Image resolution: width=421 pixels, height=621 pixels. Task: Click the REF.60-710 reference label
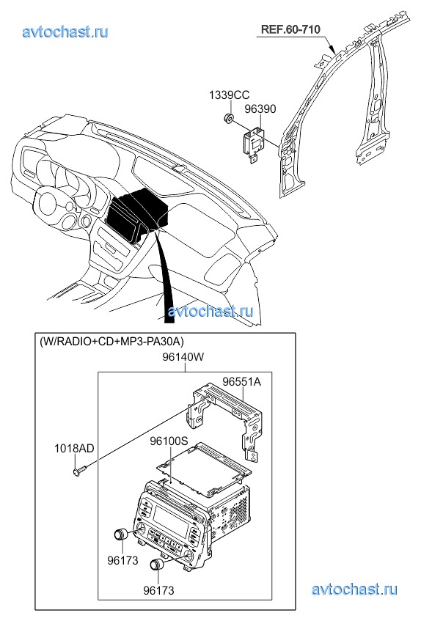[x=290, y=29]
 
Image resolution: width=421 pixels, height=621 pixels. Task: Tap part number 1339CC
[x=230, y=95]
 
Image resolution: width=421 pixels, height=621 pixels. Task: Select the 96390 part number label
[x=260, y=109]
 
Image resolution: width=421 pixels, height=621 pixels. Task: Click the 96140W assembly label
[x=183, y=357]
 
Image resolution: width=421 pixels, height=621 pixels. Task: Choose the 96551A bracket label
[x=241, y=382]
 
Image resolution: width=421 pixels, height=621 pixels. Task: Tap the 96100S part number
[x=169, y=441]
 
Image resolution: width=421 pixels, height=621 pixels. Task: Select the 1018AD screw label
[x=74, y=448]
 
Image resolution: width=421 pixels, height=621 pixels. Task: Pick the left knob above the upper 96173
[x=120, y=534]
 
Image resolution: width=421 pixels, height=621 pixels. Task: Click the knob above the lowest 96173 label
[x=157, y=565]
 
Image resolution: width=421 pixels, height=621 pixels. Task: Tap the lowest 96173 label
[x=158, y=590]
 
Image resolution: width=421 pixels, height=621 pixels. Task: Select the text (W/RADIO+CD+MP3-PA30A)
[x=111, y=341]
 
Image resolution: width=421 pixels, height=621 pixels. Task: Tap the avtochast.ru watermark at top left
[x=65, y=32]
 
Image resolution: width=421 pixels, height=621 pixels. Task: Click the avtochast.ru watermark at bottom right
[x=354, y=589]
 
